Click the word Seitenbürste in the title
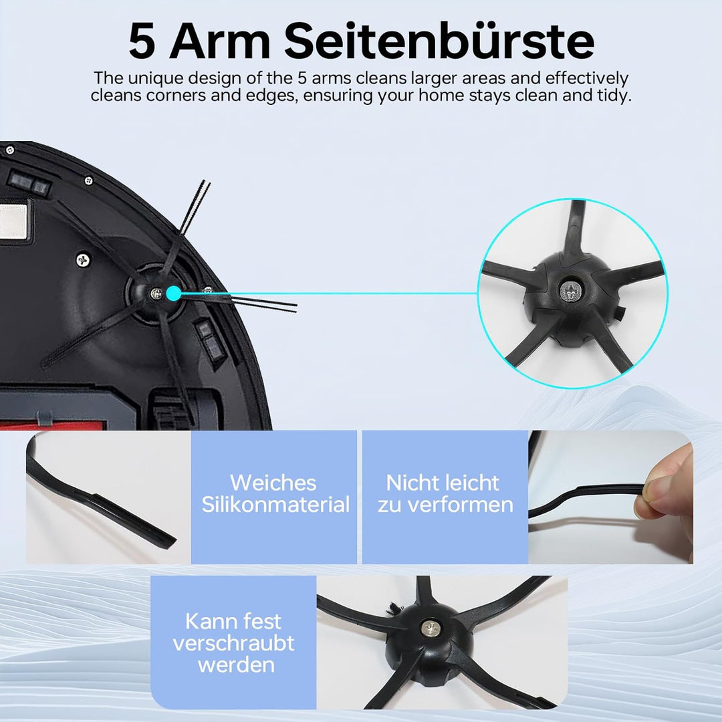coord(440,41)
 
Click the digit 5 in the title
coord(142,41)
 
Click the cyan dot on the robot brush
coord(174,293)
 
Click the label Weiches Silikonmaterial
coord(275,493)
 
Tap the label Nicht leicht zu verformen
coord(445,493)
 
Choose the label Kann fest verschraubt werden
coord(233,642)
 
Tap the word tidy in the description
coord(613,95)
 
